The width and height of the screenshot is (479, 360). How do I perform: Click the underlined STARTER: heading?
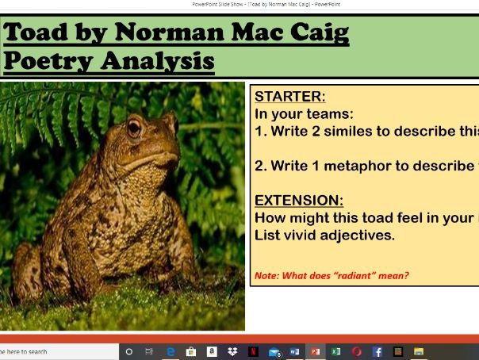(289, 97)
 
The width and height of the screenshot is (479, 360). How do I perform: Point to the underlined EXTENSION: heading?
(300, 201)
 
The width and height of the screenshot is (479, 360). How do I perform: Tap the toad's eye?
(134, 127)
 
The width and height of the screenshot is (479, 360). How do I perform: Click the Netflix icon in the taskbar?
(253, 351)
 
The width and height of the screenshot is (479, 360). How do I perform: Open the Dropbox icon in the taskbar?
(232, 351)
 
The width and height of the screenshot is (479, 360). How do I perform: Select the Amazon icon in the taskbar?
(212, 351)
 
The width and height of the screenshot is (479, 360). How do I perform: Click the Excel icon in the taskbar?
(336, 351)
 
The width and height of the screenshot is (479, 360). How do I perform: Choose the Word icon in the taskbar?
(295, 351)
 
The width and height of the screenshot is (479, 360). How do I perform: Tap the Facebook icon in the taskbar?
(377, 351)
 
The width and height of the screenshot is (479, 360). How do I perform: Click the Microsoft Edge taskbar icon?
(171, 351)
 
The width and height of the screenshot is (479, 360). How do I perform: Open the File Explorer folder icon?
(419, 351)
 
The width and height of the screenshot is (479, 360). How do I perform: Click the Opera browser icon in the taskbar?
(357, 351)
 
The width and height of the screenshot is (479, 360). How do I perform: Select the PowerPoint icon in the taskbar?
(316, 351)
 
